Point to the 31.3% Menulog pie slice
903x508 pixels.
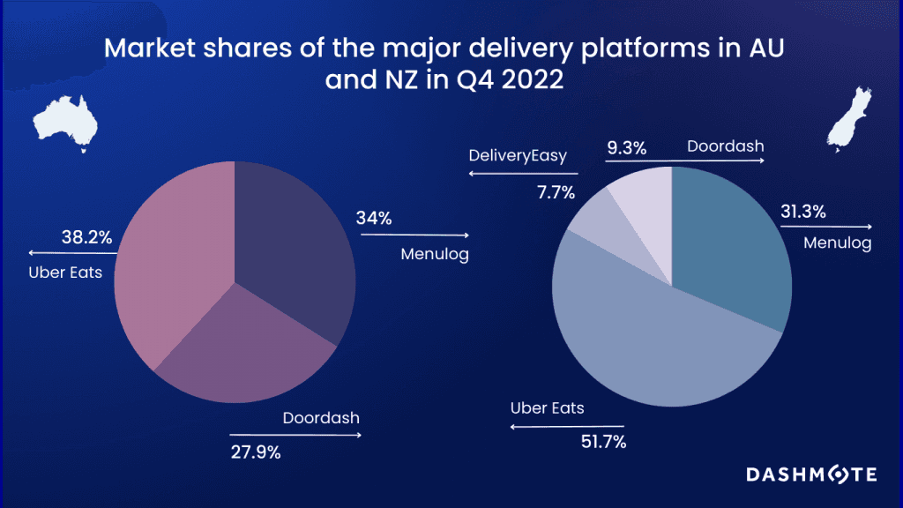click(732, 247)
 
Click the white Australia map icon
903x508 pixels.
click(65, 123)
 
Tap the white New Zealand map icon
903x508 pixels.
click(843, 120)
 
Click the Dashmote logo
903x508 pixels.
click(811, 474)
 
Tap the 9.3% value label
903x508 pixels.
click(626, 147)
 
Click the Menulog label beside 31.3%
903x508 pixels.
click(837, 243)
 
